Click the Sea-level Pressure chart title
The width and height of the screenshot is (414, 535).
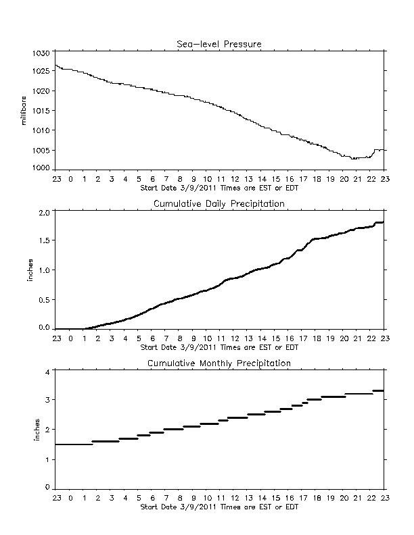click(219, 44)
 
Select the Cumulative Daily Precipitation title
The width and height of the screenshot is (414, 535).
click(219, 204)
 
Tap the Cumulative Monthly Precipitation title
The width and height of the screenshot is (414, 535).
click(219, 363)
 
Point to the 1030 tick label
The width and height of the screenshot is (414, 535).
click(41, 53)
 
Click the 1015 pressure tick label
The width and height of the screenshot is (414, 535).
click(41, 111)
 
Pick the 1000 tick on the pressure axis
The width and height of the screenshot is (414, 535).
click(41, 168)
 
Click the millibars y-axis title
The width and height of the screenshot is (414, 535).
click(24, 111)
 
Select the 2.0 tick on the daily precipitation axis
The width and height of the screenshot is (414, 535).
click(45, 213)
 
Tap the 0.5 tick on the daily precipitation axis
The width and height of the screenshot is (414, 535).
click(45, 299)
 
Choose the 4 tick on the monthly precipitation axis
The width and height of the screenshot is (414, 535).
click(47, 372)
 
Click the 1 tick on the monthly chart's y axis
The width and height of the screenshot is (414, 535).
click(47, 459)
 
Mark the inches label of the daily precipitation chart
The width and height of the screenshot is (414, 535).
click(30, 270)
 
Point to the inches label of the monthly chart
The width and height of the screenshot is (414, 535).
click(37, 430)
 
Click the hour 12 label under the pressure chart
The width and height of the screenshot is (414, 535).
click(235, 179)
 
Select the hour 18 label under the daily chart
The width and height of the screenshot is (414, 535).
click(317, 338)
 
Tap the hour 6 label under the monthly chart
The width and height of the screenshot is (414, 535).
click(153, 498)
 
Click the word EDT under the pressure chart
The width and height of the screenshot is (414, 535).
click(292, 188)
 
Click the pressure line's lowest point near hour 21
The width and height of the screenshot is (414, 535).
click(354, 159)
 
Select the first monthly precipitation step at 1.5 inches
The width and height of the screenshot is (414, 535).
click(74, 444)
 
